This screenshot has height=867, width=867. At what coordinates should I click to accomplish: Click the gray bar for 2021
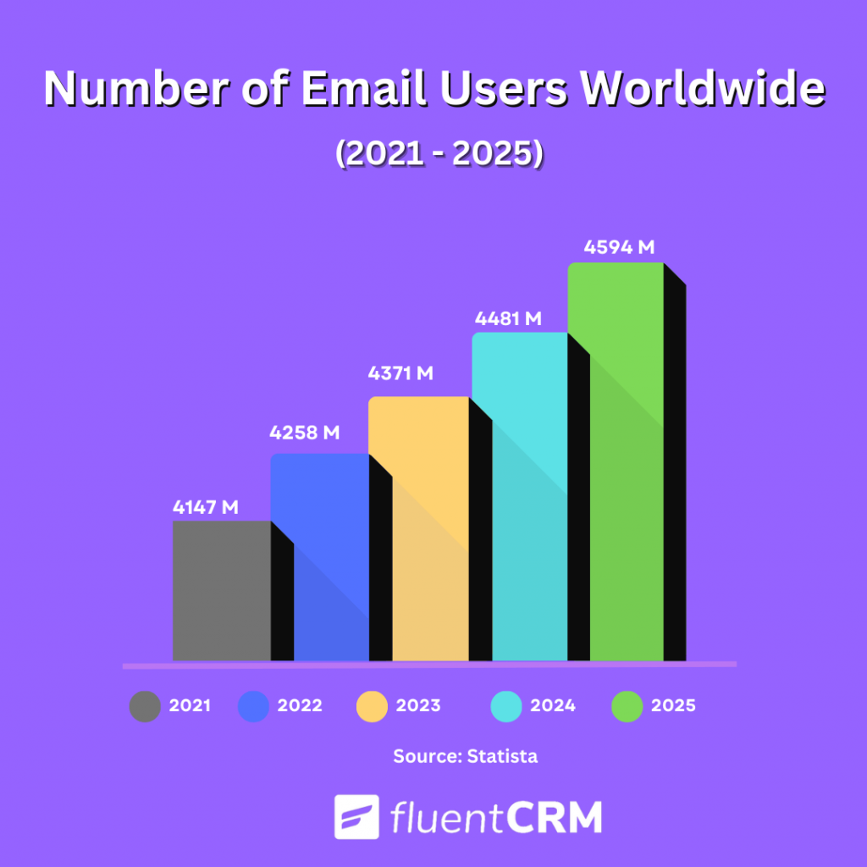point(221,590)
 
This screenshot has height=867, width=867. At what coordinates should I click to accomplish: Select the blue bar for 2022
point(319,556)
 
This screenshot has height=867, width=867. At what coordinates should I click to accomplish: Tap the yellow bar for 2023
point(417,527)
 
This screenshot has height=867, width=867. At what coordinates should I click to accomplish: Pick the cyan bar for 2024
point(518,495)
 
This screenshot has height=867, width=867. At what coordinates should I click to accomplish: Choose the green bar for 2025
point(615,461)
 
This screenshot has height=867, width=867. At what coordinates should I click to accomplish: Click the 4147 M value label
point(205,508)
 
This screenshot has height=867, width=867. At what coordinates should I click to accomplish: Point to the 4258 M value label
point(305,433)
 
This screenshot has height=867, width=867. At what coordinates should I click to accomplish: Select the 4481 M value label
point(508,319)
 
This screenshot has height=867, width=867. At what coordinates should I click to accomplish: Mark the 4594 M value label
point(620,248)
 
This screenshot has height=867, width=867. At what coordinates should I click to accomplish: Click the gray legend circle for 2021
point(145,706)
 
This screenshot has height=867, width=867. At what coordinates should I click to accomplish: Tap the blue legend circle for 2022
point(253,706)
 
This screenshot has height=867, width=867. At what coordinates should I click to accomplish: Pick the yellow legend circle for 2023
point(372,706)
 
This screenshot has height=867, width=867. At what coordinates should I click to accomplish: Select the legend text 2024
point(553,705)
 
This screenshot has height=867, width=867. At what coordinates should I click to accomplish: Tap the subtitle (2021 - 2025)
point(438,156)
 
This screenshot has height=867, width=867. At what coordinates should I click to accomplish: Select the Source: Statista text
point(465,756)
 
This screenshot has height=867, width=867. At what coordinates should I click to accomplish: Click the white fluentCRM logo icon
point(356,817)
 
